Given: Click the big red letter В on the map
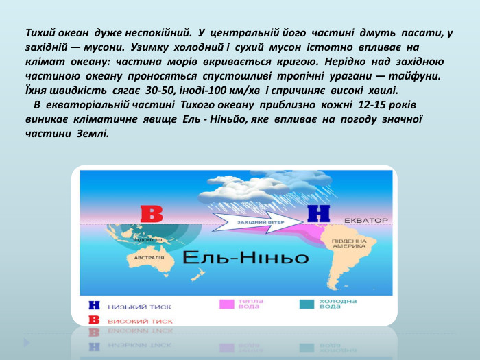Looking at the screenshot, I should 151,213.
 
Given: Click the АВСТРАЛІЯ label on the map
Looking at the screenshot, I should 148,258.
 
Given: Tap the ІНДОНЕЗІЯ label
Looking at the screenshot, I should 147,240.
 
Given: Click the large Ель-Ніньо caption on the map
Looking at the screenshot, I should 245,258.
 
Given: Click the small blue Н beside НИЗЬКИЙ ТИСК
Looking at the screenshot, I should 95,306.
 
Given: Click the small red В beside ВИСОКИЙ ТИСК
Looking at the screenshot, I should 95,320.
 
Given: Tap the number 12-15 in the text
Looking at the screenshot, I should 375,104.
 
